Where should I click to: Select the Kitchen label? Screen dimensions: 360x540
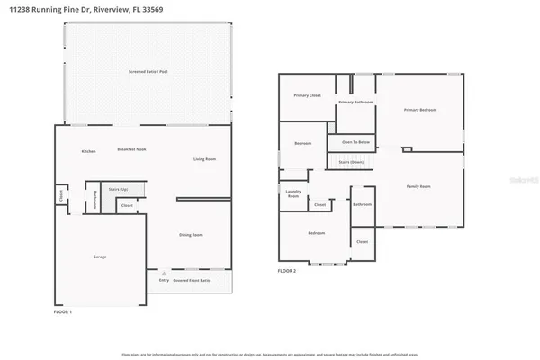[x=89, y=151]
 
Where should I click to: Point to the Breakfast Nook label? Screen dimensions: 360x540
[x=132, y=149]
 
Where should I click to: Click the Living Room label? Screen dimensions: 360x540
[x=204, y=159]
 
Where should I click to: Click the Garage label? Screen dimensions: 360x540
[x=100, y=256]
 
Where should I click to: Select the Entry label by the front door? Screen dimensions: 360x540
[x=164, y=280]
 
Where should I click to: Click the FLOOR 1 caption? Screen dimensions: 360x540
[x=63, y=311]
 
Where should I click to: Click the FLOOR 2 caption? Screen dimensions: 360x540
[x=286, y=270]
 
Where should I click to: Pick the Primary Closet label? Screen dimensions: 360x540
[x=308, y=95]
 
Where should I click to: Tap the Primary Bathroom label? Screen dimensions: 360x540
[x=355, y=103]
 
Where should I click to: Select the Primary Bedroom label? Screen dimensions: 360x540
[x=419, y=110]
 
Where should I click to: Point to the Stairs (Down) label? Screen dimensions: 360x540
[x=351, y=162]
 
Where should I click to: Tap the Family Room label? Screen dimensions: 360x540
[x=419, y=186]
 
